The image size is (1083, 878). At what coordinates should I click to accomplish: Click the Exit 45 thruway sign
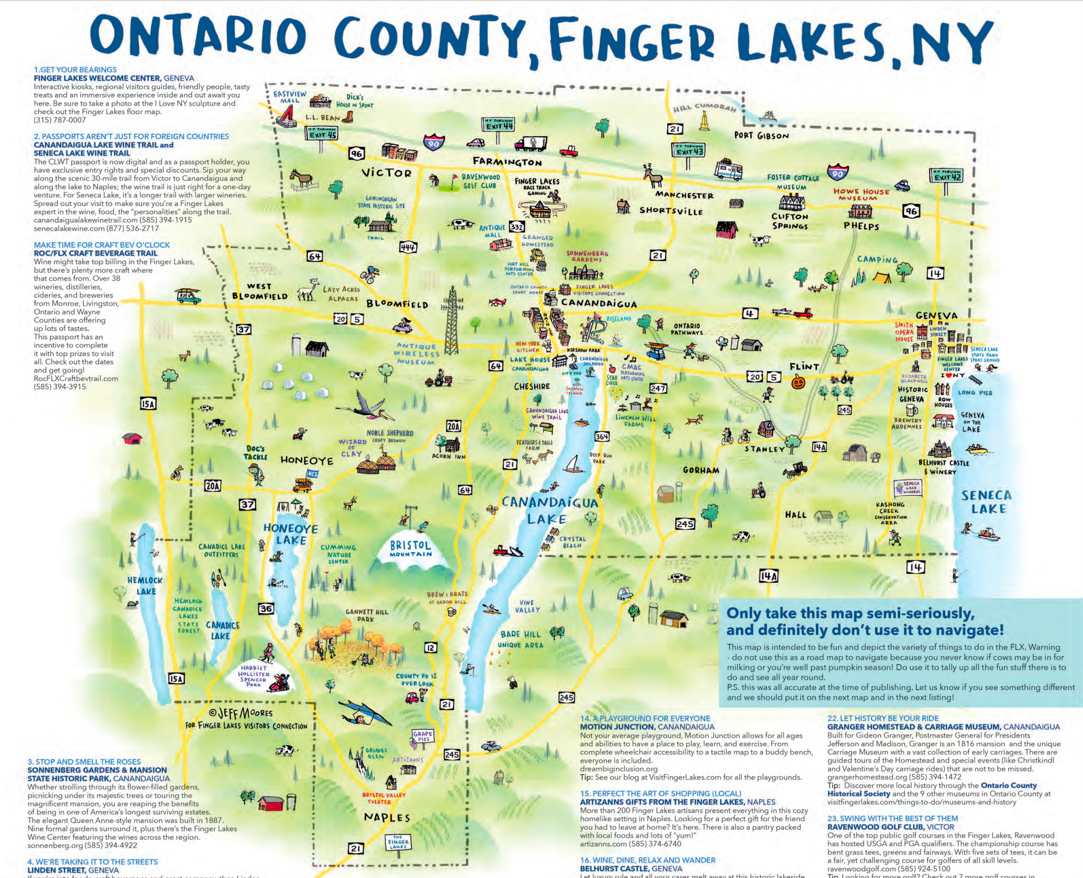(x=322, y=133)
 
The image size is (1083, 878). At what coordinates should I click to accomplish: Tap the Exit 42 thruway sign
(x=946, y=175)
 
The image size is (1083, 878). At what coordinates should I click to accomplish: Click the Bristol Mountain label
(x=410, y=548)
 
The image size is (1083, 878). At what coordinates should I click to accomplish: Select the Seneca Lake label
(x=987, y=502)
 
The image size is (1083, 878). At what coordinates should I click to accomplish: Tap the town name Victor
(x=386, y=173)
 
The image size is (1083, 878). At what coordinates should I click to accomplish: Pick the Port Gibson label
(x=761, y=136)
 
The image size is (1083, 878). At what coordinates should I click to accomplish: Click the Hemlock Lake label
(x=145, y=586)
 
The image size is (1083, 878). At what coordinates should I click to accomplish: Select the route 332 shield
(x=516, y=226)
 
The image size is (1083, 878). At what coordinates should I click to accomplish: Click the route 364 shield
(x=602, y=436)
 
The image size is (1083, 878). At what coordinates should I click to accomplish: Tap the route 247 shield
(x=658, y=388)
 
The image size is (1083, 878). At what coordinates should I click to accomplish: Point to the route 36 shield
(x=266, y=608)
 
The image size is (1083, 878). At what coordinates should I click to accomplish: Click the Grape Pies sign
(x=422, y=736)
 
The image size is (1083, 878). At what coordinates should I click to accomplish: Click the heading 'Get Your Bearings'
(x=75, y=69)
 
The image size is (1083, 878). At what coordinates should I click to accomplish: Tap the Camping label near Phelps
(x=877, y=259)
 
